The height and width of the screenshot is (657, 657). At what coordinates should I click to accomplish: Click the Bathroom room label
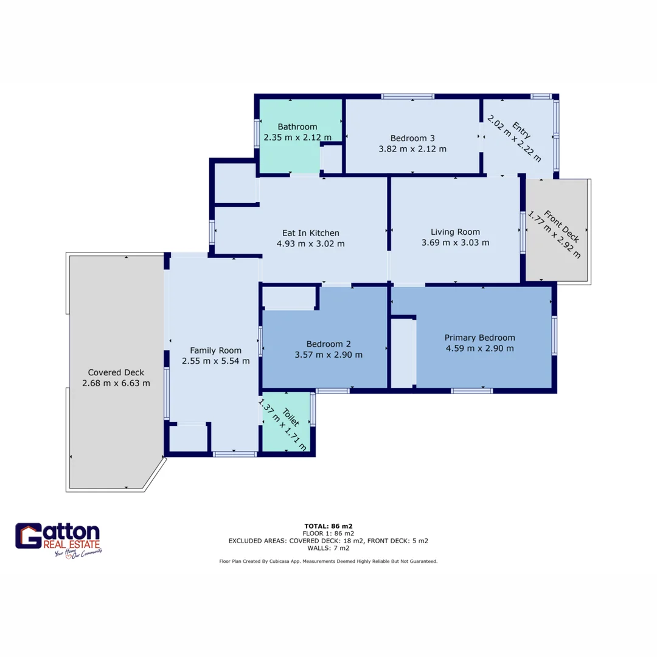(297, 127)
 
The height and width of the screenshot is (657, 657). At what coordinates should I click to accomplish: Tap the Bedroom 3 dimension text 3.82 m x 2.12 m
(412, 148)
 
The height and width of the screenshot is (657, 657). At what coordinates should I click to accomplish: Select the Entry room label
(521, 129)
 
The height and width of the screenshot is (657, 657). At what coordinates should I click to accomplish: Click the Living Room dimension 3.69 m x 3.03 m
(455, 243)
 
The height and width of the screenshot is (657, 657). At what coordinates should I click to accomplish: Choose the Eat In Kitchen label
(311, 233)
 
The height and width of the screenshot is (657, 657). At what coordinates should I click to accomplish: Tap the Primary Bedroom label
(479, 338)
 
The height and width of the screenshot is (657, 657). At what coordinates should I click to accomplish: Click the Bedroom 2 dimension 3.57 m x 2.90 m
(328, 355)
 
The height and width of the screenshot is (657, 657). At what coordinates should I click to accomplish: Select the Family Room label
(215, 350)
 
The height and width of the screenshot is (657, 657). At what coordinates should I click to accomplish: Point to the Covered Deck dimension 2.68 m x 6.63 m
(116, 383)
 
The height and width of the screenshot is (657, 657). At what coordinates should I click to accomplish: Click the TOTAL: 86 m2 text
(328, 526)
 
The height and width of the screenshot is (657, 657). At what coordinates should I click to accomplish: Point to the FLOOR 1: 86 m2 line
(328, 533)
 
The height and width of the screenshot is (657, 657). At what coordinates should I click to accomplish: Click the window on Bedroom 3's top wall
(408, 96)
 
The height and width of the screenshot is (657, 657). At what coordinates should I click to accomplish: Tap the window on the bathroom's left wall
(257, 131)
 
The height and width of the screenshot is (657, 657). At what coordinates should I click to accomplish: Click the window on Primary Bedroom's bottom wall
(471, 391)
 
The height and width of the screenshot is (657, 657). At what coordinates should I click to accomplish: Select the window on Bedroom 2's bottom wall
(332, 391)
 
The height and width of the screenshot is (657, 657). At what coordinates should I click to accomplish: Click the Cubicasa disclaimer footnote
(328, 561)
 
